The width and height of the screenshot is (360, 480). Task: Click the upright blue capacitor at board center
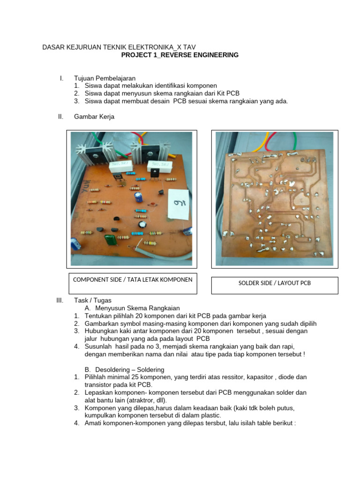click(138, 196)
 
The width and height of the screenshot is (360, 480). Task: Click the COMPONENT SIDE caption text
click(133, 280)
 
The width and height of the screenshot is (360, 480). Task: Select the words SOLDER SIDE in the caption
click(256, 283)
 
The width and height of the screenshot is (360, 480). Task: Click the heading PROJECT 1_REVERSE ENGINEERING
click(180, 55)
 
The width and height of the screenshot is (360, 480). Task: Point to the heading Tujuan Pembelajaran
click(105, 78)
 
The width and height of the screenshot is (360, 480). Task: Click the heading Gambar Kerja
click(94, 117)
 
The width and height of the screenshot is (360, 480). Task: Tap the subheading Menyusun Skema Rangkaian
click(137, 308)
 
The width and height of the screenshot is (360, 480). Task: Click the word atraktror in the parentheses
click(129, 400)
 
